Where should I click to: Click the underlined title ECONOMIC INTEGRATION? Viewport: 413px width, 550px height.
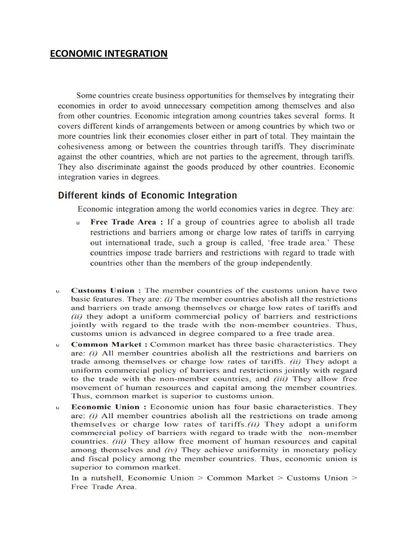pyautogui.click(x=109, y=54)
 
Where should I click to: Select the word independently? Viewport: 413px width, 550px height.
pyautogui.click(x=285, y=263)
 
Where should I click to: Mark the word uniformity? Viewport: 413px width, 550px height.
pyautogui.click(x=257, y=450)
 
